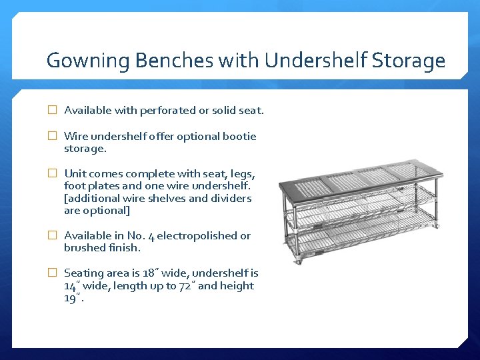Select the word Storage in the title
pos(409,61)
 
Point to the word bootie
pos(241,136)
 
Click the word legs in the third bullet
pos(241,173)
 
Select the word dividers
pos(228,198)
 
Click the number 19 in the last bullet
pos(70,297)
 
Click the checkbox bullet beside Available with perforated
pos(52,111)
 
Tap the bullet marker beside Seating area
pos(52,273)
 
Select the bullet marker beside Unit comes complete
pos(52,173)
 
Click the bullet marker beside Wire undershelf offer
pos(52,136)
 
